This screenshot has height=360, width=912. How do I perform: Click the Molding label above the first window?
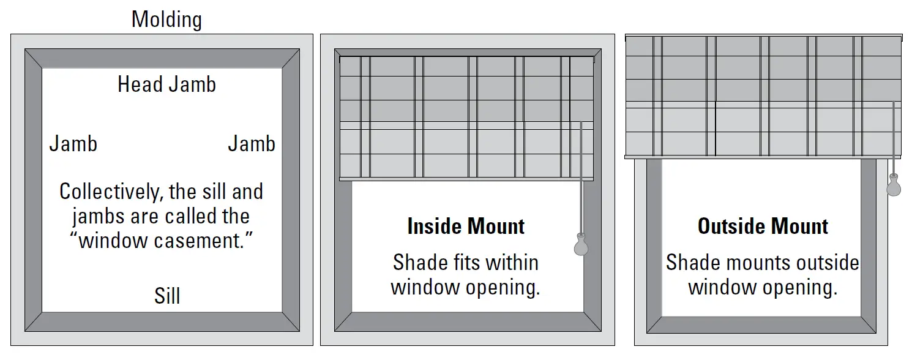[166, 20]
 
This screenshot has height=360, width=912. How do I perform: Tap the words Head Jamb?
[166, 84]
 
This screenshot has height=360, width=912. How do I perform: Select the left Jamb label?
[73, 144]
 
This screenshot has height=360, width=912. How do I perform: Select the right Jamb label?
[252, 144]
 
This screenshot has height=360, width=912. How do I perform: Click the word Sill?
[166, 297]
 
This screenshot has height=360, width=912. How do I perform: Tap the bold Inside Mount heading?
[466, 227]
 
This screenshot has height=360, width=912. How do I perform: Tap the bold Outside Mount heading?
[763, 227]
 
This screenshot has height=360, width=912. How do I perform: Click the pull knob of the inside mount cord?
[580, 245]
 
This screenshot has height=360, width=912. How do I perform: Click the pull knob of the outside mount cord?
[894, 186]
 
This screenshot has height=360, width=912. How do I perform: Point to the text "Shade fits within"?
[466, 263]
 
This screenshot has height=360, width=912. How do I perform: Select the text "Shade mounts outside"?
[763, 263]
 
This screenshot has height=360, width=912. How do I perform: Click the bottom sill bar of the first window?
[162, 322]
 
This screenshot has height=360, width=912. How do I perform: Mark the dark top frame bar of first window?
[162, 58]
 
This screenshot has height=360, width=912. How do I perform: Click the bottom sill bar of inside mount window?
[466, 322]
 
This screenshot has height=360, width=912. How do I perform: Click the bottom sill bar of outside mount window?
[763, 324]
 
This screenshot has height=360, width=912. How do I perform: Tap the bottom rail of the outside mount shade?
[763, 157]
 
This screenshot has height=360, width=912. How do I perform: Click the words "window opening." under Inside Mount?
[466, 287]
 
